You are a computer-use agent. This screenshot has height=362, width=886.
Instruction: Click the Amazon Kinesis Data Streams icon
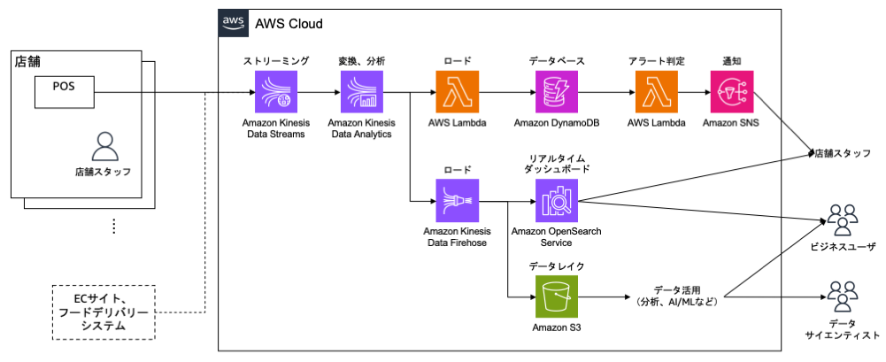tap(275, 91)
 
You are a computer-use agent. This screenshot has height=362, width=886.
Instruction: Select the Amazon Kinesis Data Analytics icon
tap(362, 91)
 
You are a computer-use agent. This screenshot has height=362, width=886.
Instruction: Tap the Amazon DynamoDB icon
tap(556, 91)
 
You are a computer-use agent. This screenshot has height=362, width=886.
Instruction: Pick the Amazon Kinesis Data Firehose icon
tap(457, 200)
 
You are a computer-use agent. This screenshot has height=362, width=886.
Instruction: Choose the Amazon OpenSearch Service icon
tap(556, 200)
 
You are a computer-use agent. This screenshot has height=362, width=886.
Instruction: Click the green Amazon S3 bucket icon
tap(556, 297)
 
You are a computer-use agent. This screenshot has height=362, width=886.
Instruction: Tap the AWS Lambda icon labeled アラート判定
tap(656, 91)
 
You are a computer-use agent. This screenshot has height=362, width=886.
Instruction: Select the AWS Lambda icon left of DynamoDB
tap(457, 91)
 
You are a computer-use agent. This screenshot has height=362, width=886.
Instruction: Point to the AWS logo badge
tap(232, 23)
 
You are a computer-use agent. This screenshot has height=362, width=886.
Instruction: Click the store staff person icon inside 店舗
tap(103, 147)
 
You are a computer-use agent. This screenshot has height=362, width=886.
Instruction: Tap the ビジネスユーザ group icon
tap(842, 220)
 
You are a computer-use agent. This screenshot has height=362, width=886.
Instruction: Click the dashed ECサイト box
tap(104, 312)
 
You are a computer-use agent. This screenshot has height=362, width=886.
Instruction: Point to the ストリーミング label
tap(275, 62)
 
